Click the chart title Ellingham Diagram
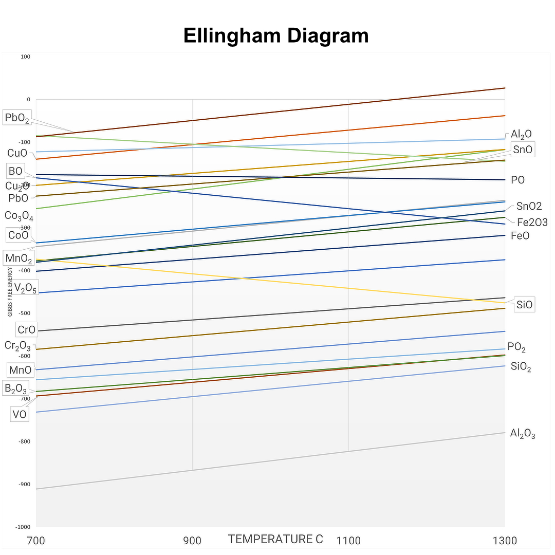pos(276,36)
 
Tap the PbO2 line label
pos(17,118)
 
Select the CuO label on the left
pos(17,153)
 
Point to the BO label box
pos(15,171)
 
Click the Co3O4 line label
pos(19,216)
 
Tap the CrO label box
pos(26,330)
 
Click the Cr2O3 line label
pos(18,346)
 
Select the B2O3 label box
pos(15,388)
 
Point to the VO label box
pos(20,414)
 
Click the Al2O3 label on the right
pos(523,434)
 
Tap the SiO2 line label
pos(521,367)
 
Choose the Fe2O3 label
pos(532,223)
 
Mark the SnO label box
pos(523,150)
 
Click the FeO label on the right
pos(520,236)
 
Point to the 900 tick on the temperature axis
pos(192,541)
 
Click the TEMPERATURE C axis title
pos(275,539)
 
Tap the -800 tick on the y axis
pos(24,441)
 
